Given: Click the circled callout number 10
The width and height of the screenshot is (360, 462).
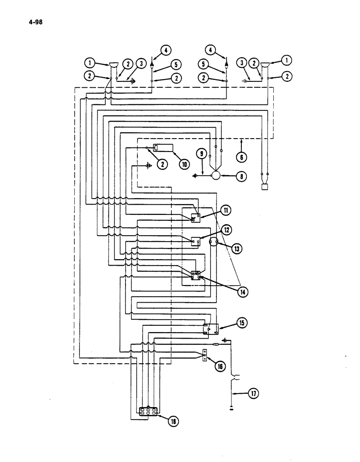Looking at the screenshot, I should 184,164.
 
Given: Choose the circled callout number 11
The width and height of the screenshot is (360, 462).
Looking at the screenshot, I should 226,211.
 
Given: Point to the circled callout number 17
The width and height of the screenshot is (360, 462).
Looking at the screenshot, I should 253,394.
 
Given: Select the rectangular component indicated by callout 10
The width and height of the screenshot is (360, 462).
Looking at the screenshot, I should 162,148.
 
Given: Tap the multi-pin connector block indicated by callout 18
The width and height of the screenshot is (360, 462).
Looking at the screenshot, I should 149,410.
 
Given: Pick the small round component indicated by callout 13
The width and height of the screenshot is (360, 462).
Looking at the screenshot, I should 215,243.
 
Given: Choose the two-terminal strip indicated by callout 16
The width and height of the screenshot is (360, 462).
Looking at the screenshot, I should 204,356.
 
